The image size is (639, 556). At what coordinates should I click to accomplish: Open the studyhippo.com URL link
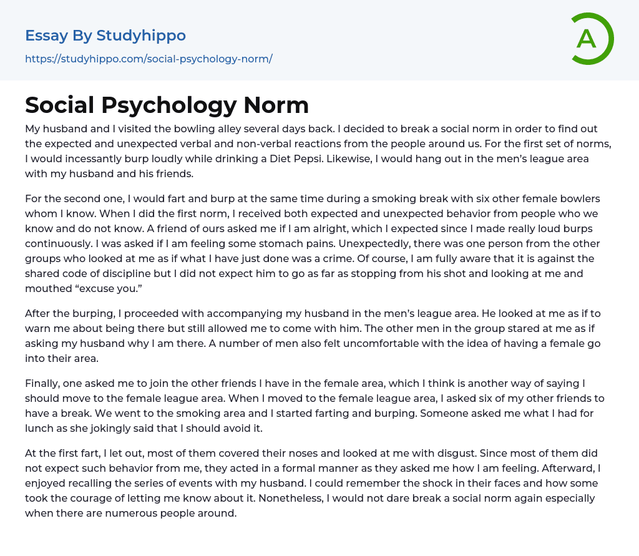click(149, 59)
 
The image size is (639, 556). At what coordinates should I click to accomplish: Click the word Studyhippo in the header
click(141, 36)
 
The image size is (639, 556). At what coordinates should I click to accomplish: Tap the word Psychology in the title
click(165, 105)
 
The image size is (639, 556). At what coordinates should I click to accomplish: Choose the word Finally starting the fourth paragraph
click(45, 384)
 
